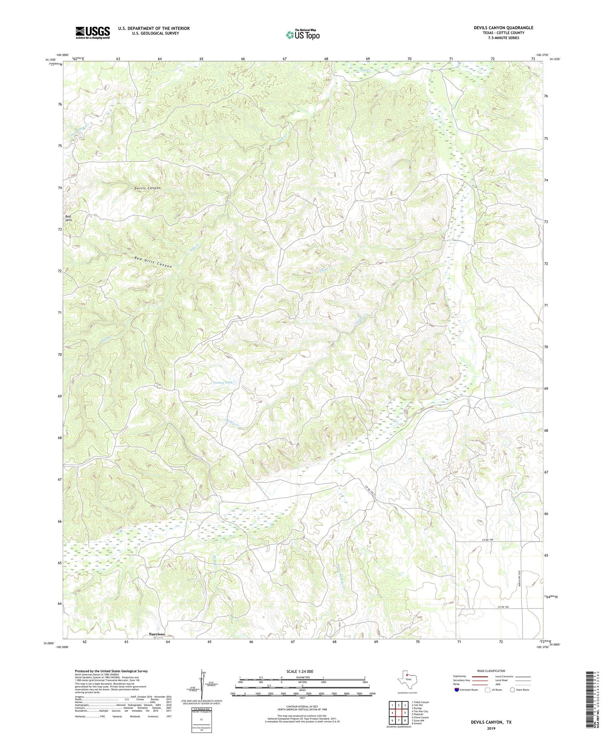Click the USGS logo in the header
(93, 33)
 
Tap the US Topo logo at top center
(302, 35)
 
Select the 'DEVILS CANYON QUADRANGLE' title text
(503, 28)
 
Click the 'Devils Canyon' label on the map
(148, 188)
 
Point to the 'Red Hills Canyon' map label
(153, 262)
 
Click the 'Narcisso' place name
(157, 634)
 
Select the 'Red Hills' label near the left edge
(69, 218)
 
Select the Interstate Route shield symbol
(458, 690)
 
